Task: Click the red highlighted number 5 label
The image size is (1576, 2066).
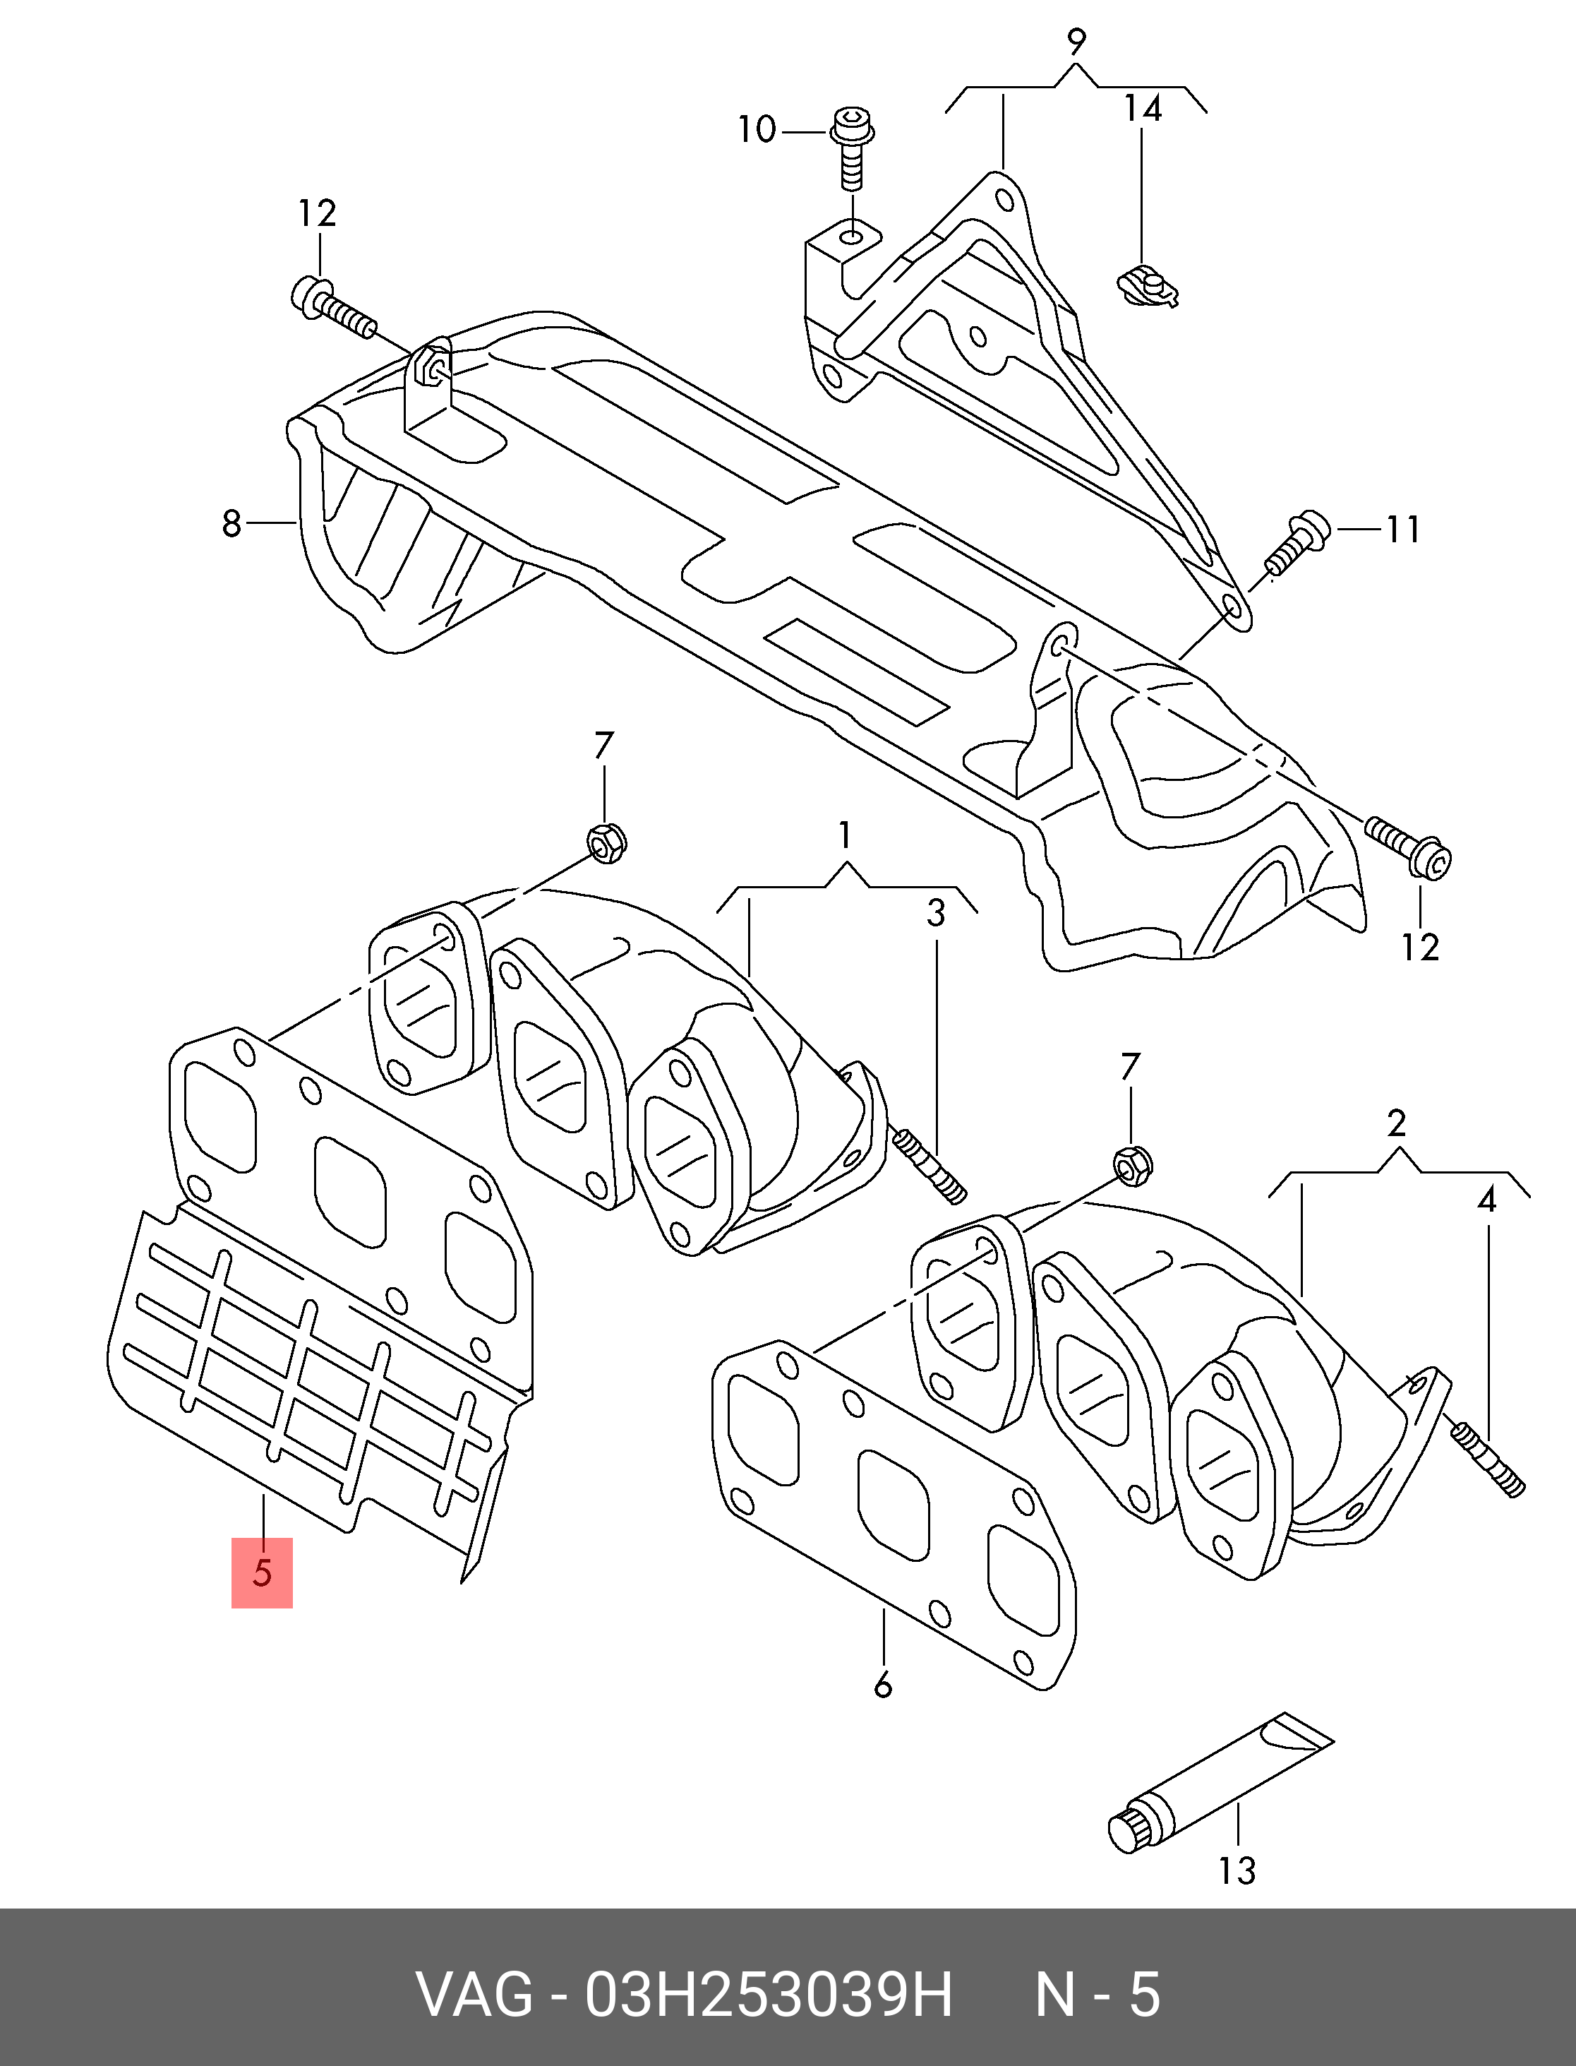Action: tap(262, 1572)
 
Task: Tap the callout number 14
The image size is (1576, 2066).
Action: tap(1143, 109)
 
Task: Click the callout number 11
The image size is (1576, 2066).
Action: tap(1402, 530)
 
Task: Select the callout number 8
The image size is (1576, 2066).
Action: tap(231, 523)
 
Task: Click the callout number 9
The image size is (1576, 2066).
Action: tap(1076, 42)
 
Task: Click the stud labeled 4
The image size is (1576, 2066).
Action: tap(1488, 1472)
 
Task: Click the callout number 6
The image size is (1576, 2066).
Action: tap(883, 1686)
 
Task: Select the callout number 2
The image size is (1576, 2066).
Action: tap(1396, 1123)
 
